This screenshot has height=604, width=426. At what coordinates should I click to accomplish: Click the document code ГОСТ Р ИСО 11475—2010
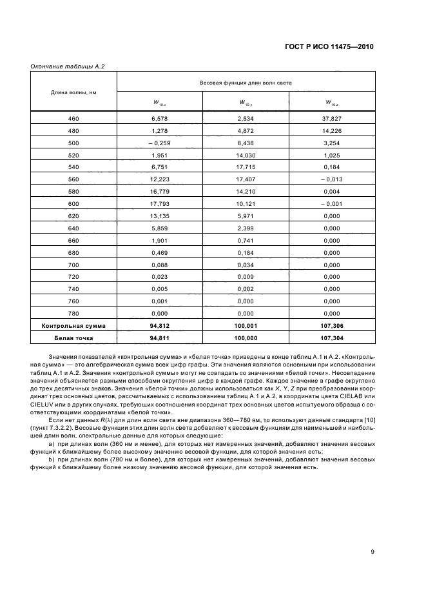pos(328,47)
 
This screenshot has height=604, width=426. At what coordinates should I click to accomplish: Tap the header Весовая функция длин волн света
pos(246,83)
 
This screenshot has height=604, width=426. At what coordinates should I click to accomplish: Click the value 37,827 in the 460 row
pos(332,119)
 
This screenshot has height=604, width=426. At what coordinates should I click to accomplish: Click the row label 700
pos(73,265)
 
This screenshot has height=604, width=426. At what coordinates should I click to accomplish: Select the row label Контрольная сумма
pos(73,325)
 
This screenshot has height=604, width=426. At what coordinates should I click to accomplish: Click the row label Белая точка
pos(73,337)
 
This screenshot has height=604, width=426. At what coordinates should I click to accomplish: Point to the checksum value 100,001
pos(246,325)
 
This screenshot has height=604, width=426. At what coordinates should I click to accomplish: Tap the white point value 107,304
pos(332,337)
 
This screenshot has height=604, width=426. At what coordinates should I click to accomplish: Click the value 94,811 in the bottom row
pos(159,337)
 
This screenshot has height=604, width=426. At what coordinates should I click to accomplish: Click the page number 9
pos(373,551)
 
